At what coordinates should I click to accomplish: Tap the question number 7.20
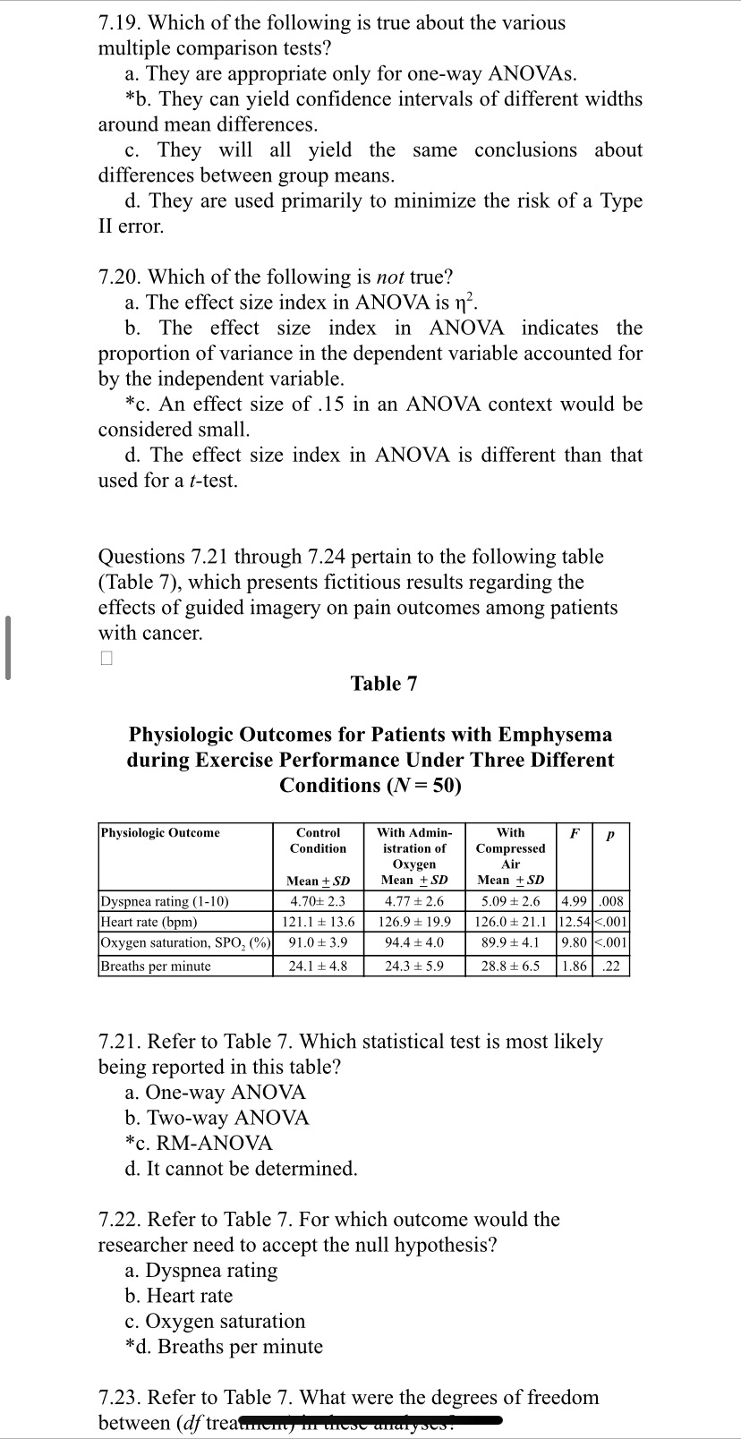119,277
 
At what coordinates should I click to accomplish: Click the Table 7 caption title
383,684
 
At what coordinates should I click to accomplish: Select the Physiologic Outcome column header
160,833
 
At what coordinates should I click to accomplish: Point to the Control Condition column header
318,840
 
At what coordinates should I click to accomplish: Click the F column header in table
576,833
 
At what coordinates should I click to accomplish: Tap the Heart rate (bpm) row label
149,922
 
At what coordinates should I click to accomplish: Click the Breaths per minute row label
156,966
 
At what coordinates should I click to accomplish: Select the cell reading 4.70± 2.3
318,901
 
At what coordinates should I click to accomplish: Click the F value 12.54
573,922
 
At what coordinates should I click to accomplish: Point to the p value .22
611,966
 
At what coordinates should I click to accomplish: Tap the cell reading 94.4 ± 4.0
414,942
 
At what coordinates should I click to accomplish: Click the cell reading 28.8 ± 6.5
510,966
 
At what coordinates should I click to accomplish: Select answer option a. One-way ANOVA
215,1092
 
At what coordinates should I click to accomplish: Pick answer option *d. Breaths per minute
224,1346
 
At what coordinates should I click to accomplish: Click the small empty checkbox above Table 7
106,659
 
